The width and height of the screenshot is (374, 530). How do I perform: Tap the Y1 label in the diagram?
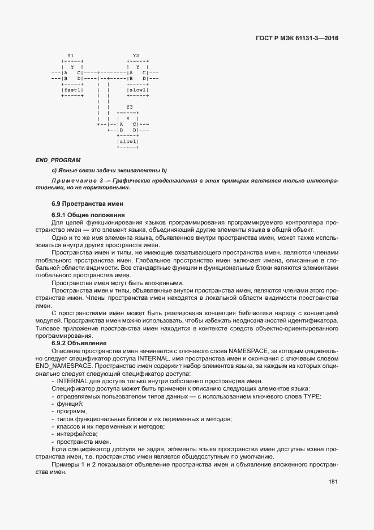click(x=70, y=55)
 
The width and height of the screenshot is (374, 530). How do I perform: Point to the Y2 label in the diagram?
click(x=136, y=55)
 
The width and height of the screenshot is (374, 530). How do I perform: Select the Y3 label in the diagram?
click(x=129, y=107)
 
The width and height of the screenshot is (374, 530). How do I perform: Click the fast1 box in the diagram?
click(x=72, y=90)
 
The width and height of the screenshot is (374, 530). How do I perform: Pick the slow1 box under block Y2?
click(x=137, y=90)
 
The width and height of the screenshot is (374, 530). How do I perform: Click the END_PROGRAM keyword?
click(x=58, y=160)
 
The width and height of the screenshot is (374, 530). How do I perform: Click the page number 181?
click(x=333, y=482)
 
